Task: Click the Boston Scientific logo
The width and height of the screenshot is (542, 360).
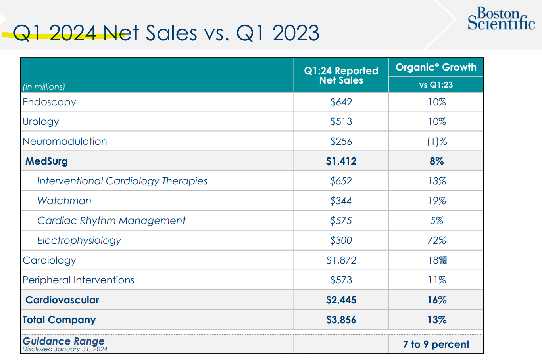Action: (x=501, y=19)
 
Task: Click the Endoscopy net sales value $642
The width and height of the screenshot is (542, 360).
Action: (x=341, y=102)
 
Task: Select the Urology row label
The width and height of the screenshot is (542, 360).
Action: (x=41, y=122)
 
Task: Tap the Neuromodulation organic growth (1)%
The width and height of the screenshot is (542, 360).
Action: (x=436, y=142)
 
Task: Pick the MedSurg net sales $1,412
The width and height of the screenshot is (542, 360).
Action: (x=341, y=161)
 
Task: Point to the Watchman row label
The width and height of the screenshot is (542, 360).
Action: (x=64, y=201)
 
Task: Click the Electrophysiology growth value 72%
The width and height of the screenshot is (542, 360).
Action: (x=436, y=241)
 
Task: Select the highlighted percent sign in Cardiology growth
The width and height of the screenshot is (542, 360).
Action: (x=443, y=260)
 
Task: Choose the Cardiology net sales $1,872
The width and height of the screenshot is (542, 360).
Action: (x=341, y=260)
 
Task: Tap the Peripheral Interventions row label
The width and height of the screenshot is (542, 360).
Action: (x=79, y=280)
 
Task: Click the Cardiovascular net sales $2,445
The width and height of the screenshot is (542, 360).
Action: (x=341, y=300)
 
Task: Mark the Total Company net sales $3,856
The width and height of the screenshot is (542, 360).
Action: (x=341, y=320)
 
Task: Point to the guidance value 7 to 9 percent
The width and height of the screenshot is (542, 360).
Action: (x=436, y=344)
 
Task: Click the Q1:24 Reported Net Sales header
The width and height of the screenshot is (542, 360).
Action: (x=341, y=75)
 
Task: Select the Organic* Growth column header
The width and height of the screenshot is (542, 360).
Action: (x=436, y=67)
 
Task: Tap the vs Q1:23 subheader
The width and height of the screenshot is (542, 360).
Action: (x=436, y=85)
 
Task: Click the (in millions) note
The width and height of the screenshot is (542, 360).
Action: (x=44, y=87)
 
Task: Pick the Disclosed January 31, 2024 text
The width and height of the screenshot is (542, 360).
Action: (x=65, y=349)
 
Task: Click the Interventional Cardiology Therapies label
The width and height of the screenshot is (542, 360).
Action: (x=122, y=181)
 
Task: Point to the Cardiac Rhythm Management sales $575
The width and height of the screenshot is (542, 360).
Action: (x=341, y=221)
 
